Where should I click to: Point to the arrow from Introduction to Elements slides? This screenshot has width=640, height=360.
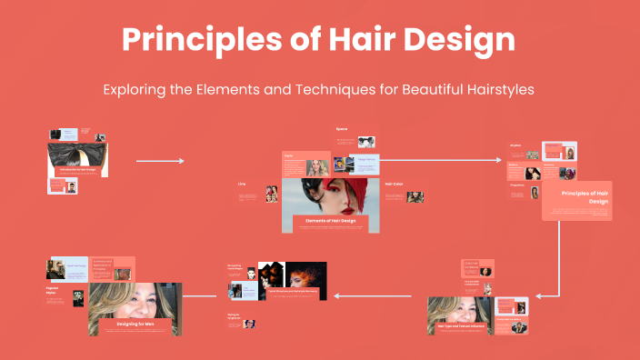pos(160,161)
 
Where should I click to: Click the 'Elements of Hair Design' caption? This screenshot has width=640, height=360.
pos(329,221)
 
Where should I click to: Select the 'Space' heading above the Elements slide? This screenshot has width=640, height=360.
pos(342,129)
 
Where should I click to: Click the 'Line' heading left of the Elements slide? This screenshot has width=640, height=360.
pos(242,184)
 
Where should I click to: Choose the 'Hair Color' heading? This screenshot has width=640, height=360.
pos(394,185)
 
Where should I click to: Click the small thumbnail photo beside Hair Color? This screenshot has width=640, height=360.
pos(415,196)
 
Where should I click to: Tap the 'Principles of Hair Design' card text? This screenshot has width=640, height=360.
pos(585,197)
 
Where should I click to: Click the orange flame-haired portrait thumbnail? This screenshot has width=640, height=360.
pos(306,275)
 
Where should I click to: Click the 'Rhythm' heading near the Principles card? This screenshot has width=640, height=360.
pos(515,144)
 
